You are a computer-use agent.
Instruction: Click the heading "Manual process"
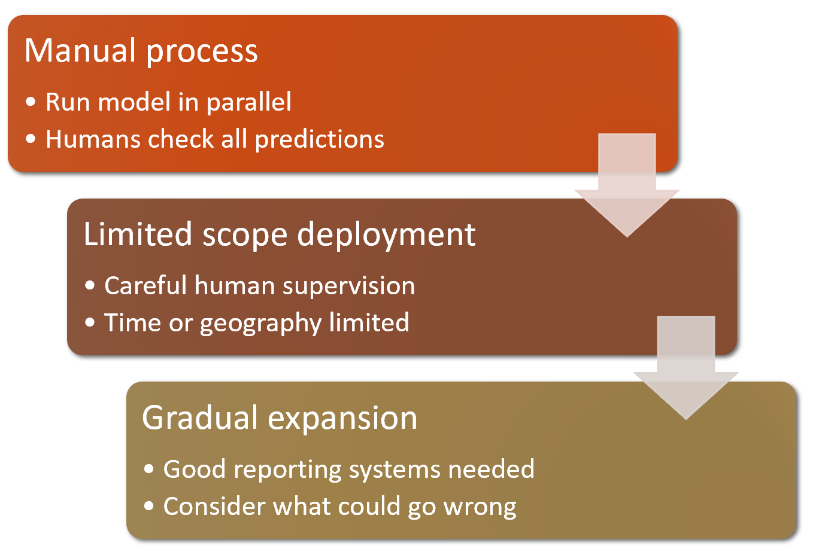[141, 51]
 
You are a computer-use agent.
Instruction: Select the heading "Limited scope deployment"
[279, 234]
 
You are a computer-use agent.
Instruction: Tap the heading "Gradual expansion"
[280, 417]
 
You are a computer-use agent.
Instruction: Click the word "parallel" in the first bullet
[248, 102]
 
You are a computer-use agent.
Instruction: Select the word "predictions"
[319, 139]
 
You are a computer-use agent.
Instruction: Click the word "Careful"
[145, 286]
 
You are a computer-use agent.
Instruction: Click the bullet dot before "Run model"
[31, 102]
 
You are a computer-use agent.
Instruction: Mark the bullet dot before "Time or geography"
[90, 323]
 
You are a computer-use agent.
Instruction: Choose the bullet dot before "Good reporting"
[149, 469]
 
